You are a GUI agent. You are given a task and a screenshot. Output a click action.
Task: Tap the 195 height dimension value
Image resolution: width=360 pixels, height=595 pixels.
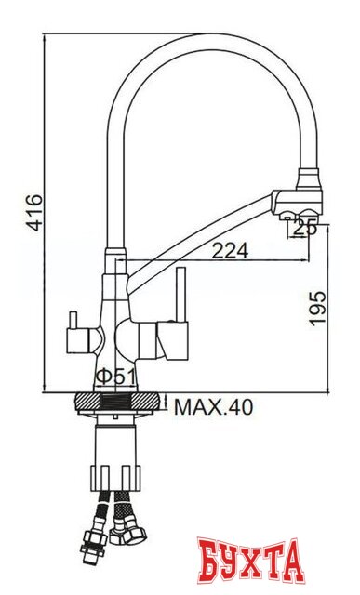point(317,308)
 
